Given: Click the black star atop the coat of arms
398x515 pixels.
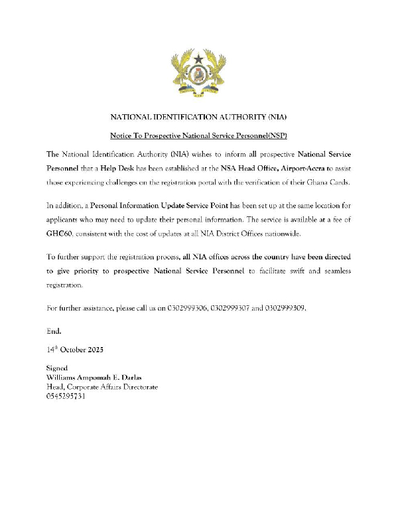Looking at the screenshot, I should [198, 59].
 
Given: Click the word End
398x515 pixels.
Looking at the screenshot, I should [53, 330].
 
